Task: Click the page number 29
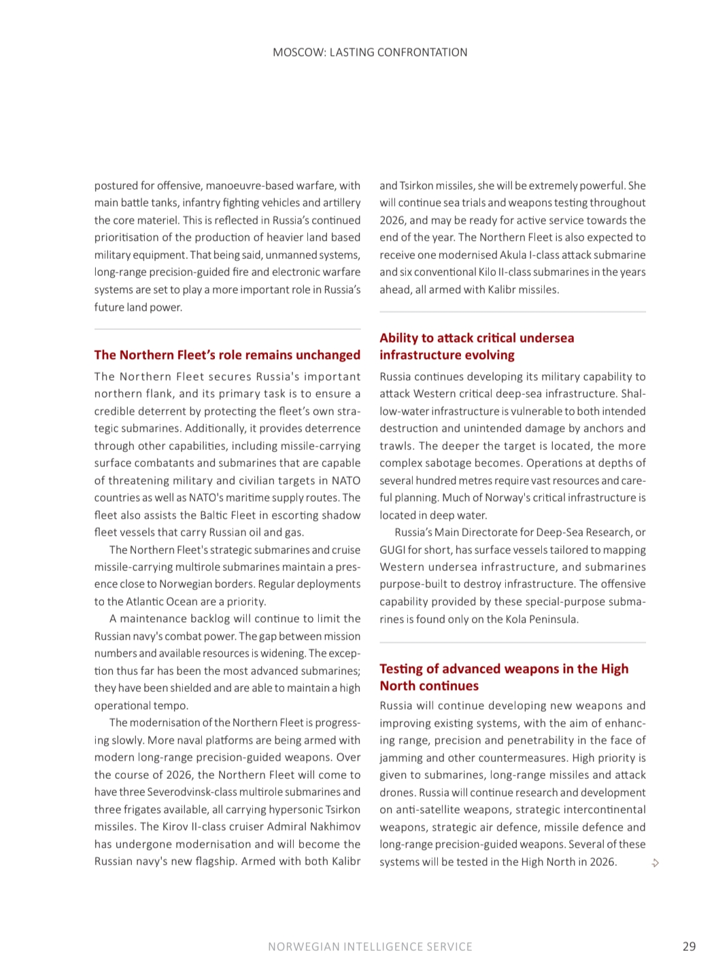[689, 946]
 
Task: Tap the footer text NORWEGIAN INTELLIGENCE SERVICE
[370, 946]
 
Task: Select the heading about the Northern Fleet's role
[227, 355]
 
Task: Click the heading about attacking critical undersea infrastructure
[477, 346]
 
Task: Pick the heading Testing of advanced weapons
[504, 677]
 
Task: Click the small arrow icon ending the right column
[656, 863]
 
